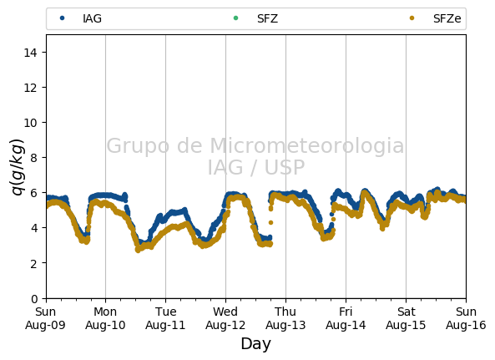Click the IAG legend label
(x=92, y=18)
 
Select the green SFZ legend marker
(x=235, y=18)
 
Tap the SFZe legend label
(x=447, y=18)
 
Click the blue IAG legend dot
(x=63, y=18)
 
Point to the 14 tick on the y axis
(x=31, y=53)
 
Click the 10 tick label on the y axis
(x=31, y=123)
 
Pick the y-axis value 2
(x=34, y=263)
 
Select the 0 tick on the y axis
(x=34, y=298)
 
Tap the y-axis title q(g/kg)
(x=18, y=167)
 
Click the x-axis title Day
(x=255, y=343)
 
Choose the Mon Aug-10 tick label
(x=105, y=318)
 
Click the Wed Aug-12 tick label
(x=225, y=318)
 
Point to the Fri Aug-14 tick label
(x=346, y=318)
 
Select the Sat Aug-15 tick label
(x=406, y=318)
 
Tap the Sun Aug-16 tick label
(x=466, y=318)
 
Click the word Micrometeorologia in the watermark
(x=307, y=145)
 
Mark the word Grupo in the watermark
(x=138, y=146)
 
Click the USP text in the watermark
(x=285, y=167)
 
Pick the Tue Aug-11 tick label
(x=165, y=318)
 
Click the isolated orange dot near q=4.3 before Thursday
(x=270, y=223)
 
